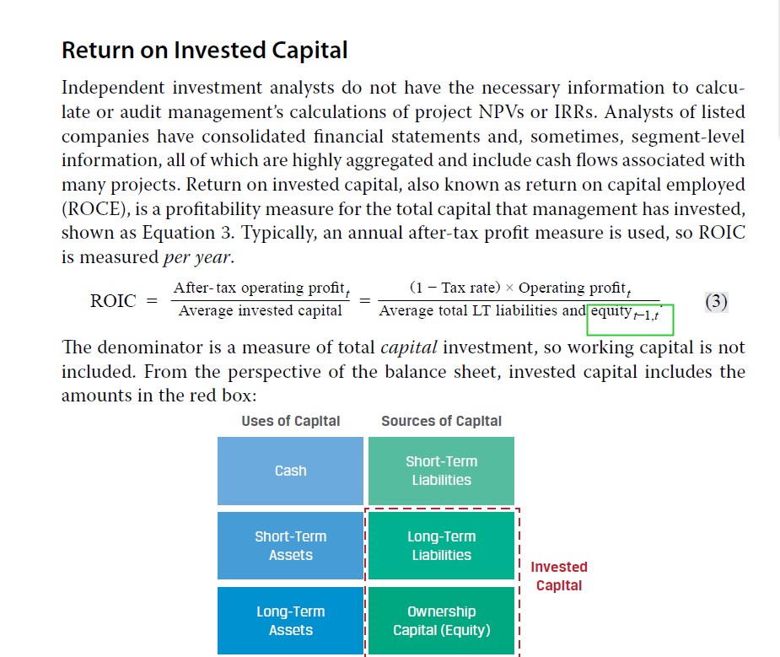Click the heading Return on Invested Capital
click(204, 51)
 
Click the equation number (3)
click(716, 301)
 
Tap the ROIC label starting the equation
click(113, 301)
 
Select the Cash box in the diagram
click(291, 471)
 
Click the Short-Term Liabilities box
click(441, 471)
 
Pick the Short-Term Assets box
click(291, 546)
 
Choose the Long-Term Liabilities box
click(441, 546)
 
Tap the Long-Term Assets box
click(291, 621)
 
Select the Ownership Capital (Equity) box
click(441, 621)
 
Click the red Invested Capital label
click(559, 576)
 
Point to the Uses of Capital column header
click(291, 421)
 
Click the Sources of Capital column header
click(441, 421)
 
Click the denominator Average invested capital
click(261, 310)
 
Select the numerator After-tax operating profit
click(261, 288)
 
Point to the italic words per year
click(196, 257)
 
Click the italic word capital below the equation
click(409, 347)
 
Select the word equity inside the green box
click(611, 311)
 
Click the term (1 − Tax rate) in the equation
click(455, 288)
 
